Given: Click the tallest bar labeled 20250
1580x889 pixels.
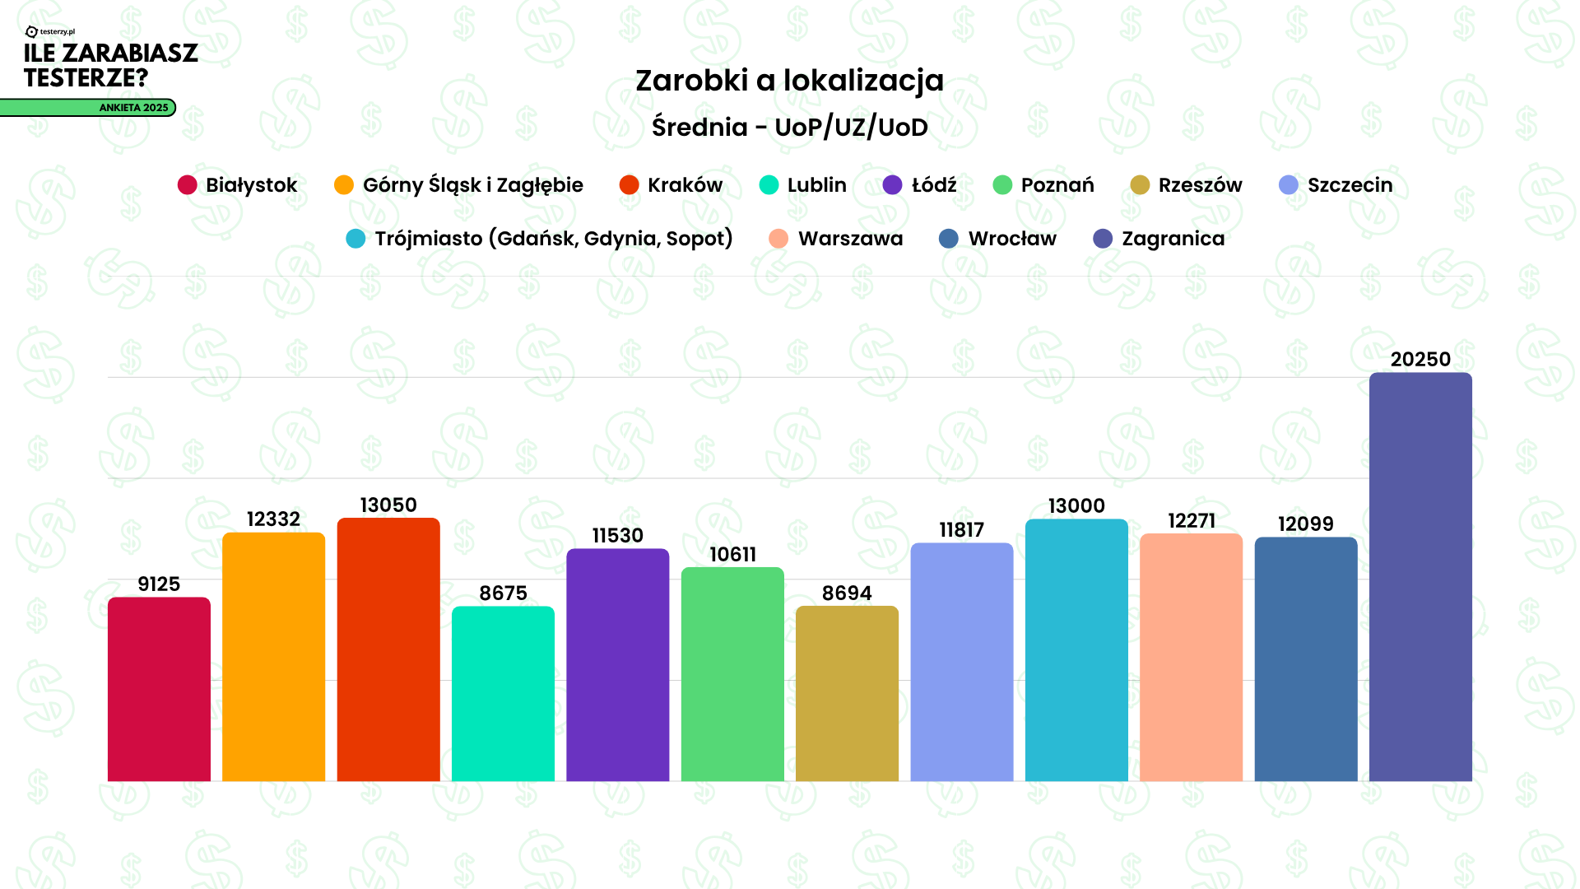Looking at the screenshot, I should (x=1420, y=576).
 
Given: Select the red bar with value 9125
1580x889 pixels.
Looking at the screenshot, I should (x=159, y=689).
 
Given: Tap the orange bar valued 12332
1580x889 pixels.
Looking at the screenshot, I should (x=273, y=657).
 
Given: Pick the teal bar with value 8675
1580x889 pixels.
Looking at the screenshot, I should (x=503, y=694).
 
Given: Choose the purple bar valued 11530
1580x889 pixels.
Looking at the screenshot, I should (x=617, y=665).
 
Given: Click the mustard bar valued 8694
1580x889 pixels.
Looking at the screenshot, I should (x=847, y=694).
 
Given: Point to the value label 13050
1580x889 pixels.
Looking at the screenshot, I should (x=388, y=505).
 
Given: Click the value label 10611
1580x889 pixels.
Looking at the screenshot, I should (x=732, y=554).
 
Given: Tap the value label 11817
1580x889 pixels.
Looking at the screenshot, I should (x=961, y=529).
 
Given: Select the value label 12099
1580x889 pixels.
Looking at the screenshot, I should (x=1305, y=524).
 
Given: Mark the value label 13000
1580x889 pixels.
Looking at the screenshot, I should (x=1076, y=505).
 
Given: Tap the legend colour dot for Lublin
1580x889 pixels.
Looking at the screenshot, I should (x=769, y=185).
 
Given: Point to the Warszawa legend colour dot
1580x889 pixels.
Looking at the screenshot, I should (x=778, y=239).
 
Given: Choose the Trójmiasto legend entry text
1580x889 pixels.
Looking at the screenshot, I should (x=553, y=239).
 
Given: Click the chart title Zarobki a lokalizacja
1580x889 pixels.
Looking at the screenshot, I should (x=789, y=81).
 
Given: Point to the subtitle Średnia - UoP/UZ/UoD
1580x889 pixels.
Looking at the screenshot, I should (x=789, y=127).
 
